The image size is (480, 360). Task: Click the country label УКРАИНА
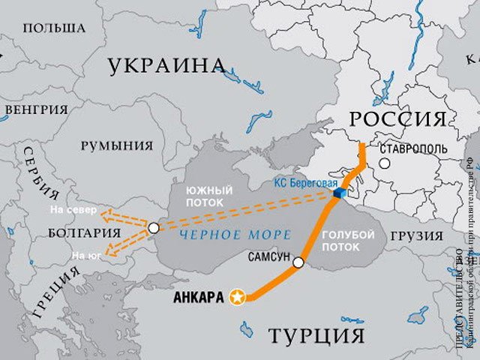tap(166, 67)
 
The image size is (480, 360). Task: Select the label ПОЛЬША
tap(53, 28)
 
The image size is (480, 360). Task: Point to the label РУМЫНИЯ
tap(116, 145)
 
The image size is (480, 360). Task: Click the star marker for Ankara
tap(238, 298)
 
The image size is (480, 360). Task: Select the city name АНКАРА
tap(198, 298)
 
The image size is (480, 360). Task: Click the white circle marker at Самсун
tap(298, 262)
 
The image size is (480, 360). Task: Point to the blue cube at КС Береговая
tap(337, 194)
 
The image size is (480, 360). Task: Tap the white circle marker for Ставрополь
tap(384, 163)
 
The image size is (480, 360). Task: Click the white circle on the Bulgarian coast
tap(154, 227)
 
